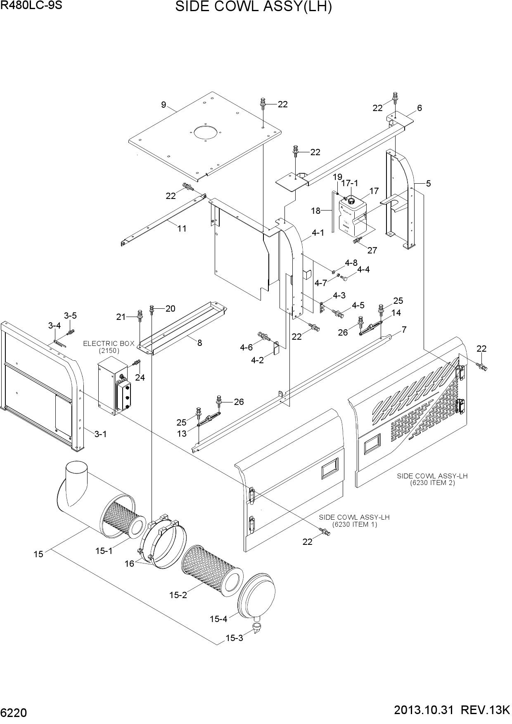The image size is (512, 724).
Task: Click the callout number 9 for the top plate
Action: tap(164, 105)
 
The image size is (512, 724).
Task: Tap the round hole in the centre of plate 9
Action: tap(206, 133)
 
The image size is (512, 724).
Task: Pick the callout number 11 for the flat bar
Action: tap(182, 228)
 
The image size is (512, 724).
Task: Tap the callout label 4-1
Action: tap(318, 233)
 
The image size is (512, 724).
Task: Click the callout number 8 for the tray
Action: tap(199, 343)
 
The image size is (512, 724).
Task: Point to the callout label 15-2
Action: tap(178, 595)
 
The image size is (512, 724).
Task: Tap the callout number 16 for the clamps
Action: tap(129, 563)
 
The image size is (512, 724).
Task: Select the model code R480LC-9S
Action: tap(31, 6)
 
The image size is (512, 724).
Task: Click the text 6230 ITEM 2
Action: tap(432, 483)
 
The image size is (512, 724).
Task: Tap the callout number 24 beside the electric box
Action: tap(140, 377)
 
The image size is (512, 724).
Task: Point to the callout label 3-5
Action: tap(70, 316)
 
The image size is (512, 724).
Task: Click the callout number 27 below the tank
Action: tap(372, 250)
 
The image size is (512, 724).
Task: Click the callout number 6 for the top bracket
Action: tap(420, 108)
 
